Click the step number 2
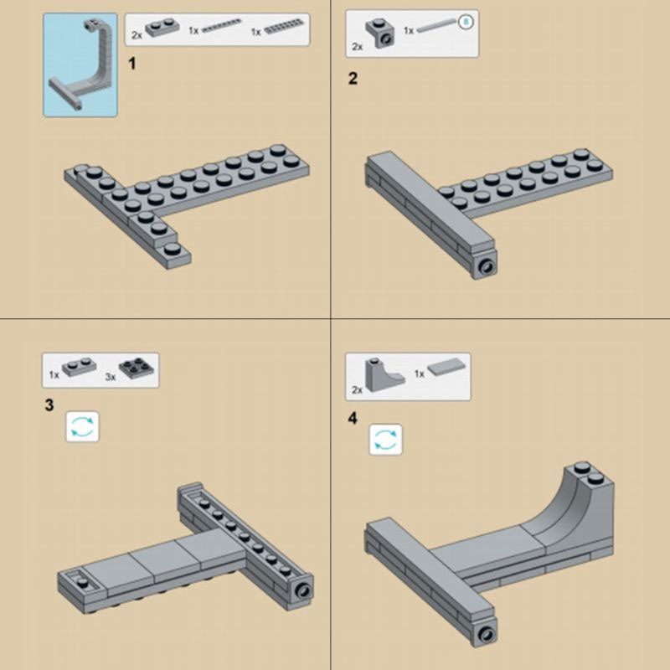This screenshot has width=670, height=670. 353,80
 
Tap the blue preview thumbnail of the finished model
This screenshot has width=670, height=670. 80,64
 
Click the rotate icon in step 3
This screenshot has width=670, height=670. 82,426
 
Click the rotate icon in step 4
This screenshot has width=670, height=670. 385,440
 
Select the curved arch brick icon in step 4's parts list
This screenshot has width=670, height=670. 382,371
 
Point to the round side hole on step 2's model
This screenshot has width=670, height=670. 484,268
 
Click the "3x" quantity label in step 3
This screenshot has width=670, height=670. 111,377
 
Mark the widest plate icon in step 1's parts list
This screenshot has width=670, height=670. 282,30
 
